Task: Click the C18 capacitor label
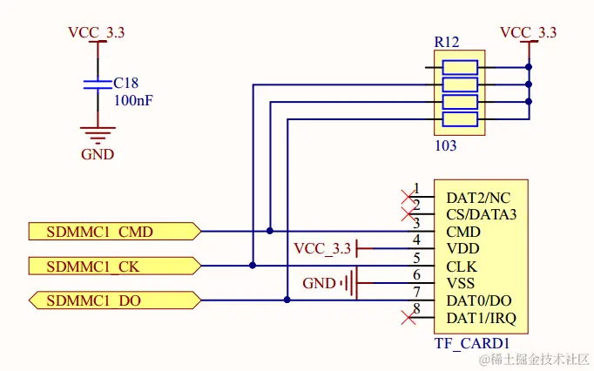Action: pyautogui.click(x=126, y=84)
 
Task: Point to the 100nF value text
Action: pyautogui.click(x=134, y=100)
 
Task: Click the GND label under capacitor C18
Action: pyautogui.click(x=98, y=155)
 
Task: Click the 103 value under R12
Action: pyautogui.click(x=445, y=145)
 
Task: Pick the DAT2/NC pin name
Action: pyautogui.click(x=477, y=198)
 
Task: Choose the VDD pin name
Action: pyautogui.click(x=462, y=248)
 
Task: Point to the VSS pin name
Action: pyautogui.click(x=461, y=283)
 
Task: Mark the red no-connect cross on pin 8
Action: pyautogui.click(x=406, y=317)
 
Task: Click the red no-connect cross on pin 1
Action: pyautogui.click(x=406, y=197)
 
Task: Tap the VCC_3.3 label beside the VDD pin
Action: pyautogui.click(x=323, y=249)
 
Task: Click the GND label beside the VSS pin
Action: pyautogui.click(x=319, y=283)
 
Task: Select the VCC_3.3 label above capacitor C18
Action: pyautogui.click(x=96, y=32)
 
